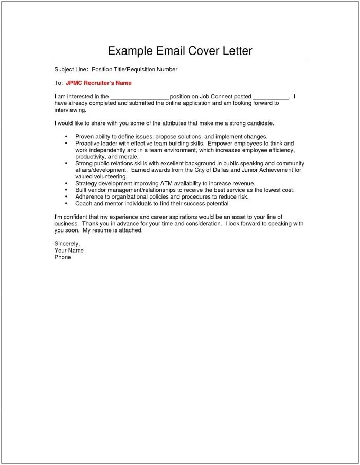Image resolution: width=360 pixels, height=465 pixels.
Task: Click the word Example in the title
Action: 129,51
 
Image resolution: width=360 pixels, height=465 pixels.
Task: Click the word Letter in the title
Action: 235,51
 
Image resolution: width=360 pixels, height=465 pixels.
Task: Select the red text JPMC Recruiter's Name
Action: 98,83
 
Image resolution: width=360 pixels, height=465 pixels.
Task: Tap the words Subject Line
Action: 70,69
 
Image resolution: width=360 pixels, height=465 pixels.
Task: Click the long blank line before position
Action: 139,97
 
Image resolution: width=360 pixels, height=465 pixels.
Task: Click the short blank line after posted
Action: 271,97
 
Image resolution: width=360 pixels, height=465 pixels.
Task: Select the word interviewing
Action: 70,110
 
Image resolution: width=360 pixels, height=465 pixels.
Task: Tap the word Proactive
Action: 88,144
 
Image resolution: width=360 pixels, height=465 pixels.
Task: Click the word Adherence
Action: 90,196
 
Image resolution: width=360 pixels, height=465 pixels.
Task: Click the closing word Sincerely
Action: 67,244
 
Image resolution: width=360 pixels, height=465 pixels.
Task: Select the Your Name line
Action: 69,251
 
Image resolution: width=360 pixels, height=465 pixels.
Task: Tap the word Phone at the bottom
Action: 63,257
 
